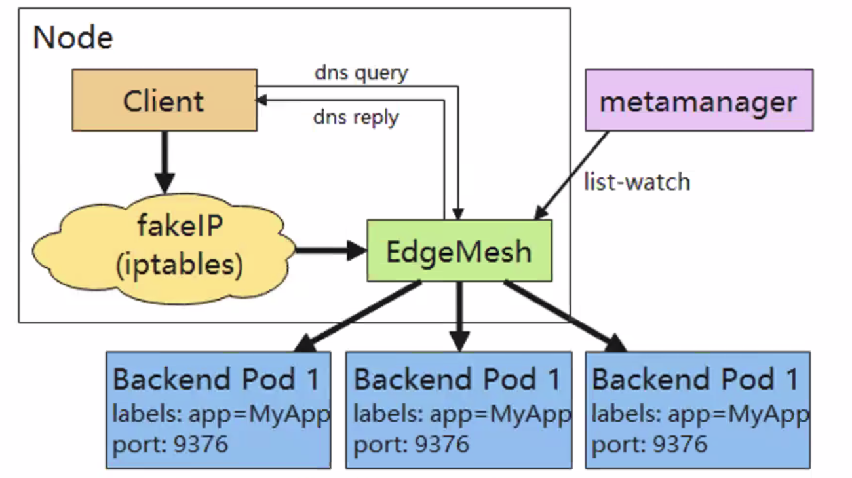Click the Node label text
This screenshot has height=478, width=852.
point(73,38)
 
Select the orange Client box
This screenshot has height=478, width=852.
point(164,100)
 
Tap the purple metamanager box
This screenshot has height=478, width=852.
point(699,100)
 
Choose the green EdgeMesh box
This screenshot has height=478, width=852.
point(459,251)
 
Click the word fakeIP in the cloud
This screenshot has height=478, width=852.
point(180,227)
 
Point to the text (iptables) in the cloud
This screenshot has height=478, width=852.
point(179,264)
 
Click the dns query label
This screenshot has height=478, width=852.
point(361,73)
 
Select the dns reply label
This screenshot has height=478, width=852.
point(356,118)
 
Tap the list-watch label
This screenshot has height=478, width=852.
point(637,181)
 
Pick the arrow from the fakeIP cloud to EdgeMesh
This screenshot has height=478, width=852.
point(330,249)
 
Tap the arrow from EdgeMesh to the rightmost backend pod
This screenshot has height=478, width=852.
point(564,316)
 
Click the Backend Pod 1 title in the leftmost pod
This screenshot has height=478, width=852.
point(216,379)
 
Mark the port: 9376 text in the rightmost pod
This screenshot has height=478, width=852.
point(649,444)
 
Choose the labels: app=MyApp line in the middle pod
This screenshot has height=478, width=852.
point(461,414)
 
